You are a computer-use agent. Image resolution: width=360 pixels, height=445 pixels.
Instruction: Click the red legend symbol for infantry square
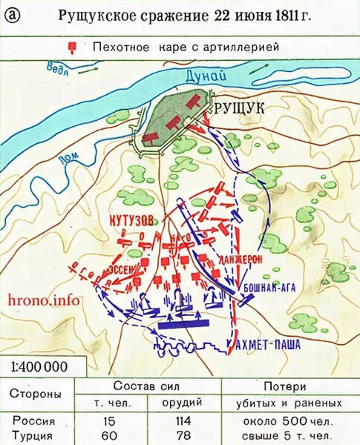[x=72, y=47]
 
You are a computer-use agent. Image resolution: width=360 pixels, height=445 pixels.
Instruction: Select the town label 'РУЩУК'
[x=238, y=109]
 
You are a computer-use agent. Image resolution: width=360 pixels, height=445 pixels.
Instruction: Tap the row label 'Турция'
[x=33, y=435]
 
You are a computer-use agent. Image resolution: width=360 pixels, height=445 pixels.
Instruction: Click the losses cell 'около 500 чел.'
[x=288, y=421]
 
